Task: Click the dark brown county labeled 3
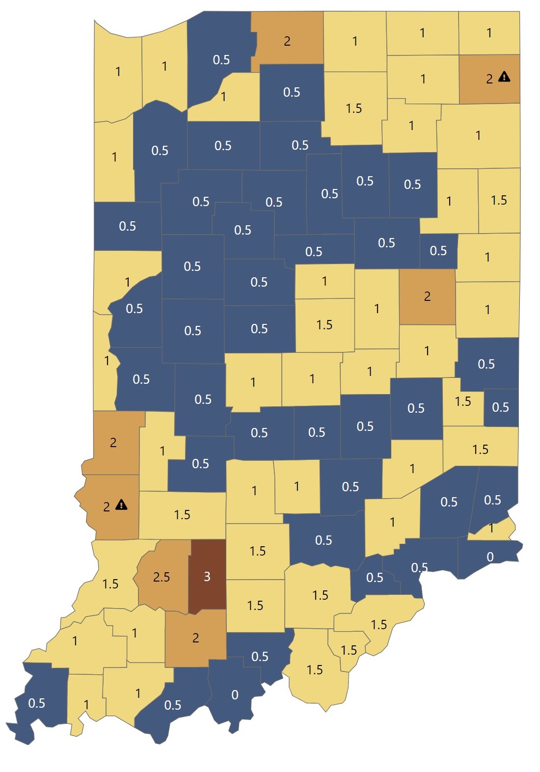tap(207, 576)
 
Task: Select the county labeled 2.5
tap(162, 577)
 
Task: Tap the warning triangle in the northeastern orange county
tap(504, 77)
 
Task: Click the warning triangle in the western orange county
tap(121, 505)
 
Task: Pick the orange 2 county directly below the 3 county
tap(195, 638)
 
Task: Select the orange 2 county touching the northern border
tap(287, 41)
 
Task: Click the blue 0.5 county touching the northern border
tap(221, 59)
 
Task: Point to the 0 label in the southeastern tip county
tap(490, 557)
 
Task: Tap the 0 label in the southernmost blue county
tap(235, 694)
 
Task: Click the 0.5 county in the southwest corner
tap(37, 703)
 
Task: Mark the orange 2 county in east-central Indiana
tap(427, 296)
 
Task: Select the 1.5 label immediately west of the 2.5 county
tap(110, 584)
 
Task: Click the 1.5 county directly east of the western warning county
tap(182, 515)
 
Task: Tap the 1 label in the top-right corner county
tap(489, 33)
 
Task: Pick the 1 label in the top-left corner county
tap(118, 72)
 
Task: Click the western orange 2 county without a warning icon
tap(113, 442)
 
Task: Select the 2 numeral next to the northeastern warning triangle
tap(489, 79)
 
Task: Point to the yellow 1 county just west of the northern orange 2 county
tap(224, 97)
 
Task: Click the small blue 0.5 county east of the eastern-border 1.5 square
tap(501, 407)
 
